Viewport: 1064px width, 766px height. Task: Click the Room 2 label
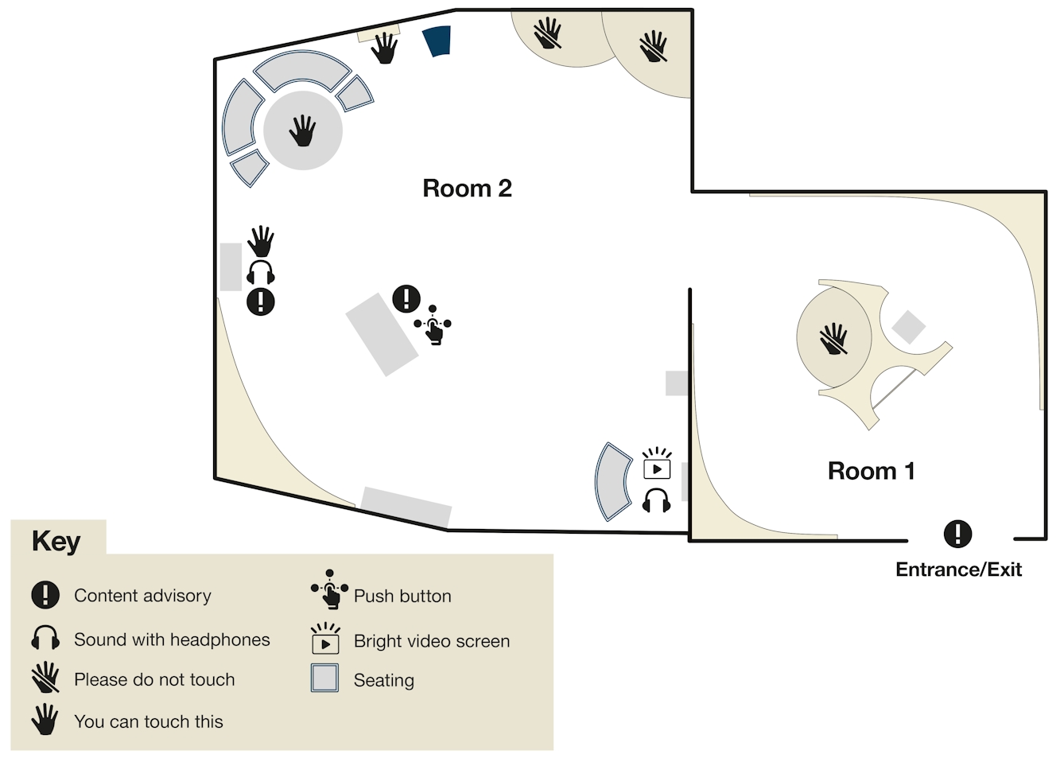click(467, 189)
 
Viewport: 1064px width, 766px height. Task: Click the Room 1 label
click(871, 471)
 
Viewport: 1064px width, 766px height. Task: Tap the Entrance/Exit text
click(958, 570)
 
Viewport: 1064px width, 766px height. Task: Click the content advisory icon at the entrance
click(957, 534)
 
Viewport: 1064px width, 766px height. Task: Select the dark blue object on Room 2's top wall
click(437, 41)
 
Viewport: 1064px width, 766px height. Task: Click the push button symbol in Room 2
click(433, 325)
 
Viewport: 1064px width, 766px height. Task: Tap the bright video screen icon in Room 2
click(657, 464)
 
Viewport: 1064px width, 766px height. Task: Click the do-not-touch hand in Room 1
click(833, 339)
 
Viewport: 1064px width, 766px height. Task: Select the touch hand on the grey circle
click(302, 131)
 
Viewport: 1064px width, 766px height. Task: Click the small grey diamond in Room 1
click(908, 327)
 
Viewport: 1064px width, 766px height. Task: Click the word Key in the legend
click(56, 541)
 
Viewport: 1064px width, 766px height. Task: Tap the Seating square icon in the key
click(324, 678)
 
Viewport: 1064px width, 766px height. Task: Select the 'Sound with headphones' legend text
click(172, 640)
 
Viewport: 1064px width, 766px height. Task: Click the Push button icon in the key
click(329, 589)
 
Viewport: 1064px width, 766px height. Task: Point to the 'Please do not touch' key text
click(154, 680)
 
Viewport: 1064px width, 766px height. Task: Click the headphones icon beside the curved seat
click(656, 500)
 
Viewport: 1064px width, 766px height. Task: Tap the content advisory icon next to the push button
click(406, 299)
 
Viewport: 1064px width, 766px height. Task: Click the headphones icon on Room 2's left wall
click(260, 272)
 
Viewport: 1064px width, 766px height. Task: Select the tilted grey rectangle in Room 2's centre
click(382, 334)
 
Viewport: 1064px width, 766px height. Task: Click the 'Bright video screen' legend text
click(432, 641)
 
